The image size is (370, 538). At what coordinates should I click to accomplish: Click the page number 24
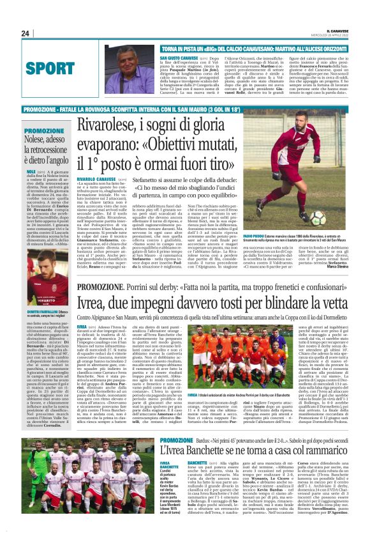(x=26, y=34)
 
